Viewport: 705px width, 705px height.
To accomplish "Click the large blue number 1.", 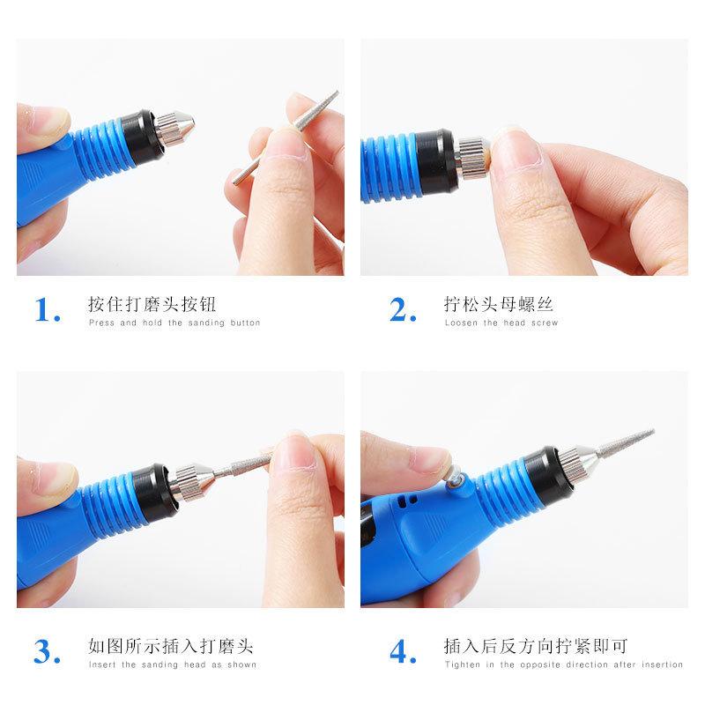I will point(46,310).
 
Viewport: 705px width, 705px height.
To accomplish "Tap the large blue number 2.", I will point(402,310).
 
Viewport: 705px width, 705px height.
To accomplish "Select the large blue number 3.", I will point(46,653).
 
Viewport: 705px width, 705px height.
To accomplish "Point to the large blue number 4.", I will point(403,653).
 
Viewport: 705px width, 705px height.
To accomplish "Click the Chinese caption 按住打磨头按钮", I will point(152,304).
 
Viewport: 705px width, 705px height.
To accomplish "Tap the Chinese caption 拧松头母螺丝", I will point(498,304).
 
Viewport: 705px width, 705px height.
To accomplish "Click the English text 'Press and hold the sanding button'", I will point(174,323).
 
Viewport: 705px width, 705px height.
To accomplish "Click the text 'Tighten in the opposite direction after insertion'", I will point(563,664).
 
